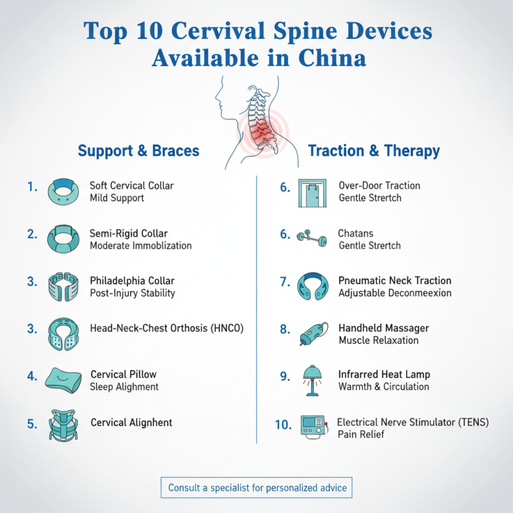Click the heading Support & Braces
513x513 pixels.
[139, 151]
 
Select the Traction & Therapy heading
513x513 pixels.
[374, 151]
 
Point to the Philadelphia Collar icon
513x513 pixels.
[64, 287]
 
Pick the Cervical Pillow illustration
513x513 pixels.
[65, 380]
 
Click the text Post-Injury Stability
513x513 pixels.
[133, 293]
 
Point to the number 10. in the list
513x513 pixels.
[283, 424]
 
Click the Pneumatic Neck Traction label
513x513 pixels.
[394, 281]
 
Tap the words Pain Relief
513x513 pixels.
[363, 434]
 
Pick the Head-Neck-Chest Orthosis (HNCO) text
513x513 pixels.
[167, 329]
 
